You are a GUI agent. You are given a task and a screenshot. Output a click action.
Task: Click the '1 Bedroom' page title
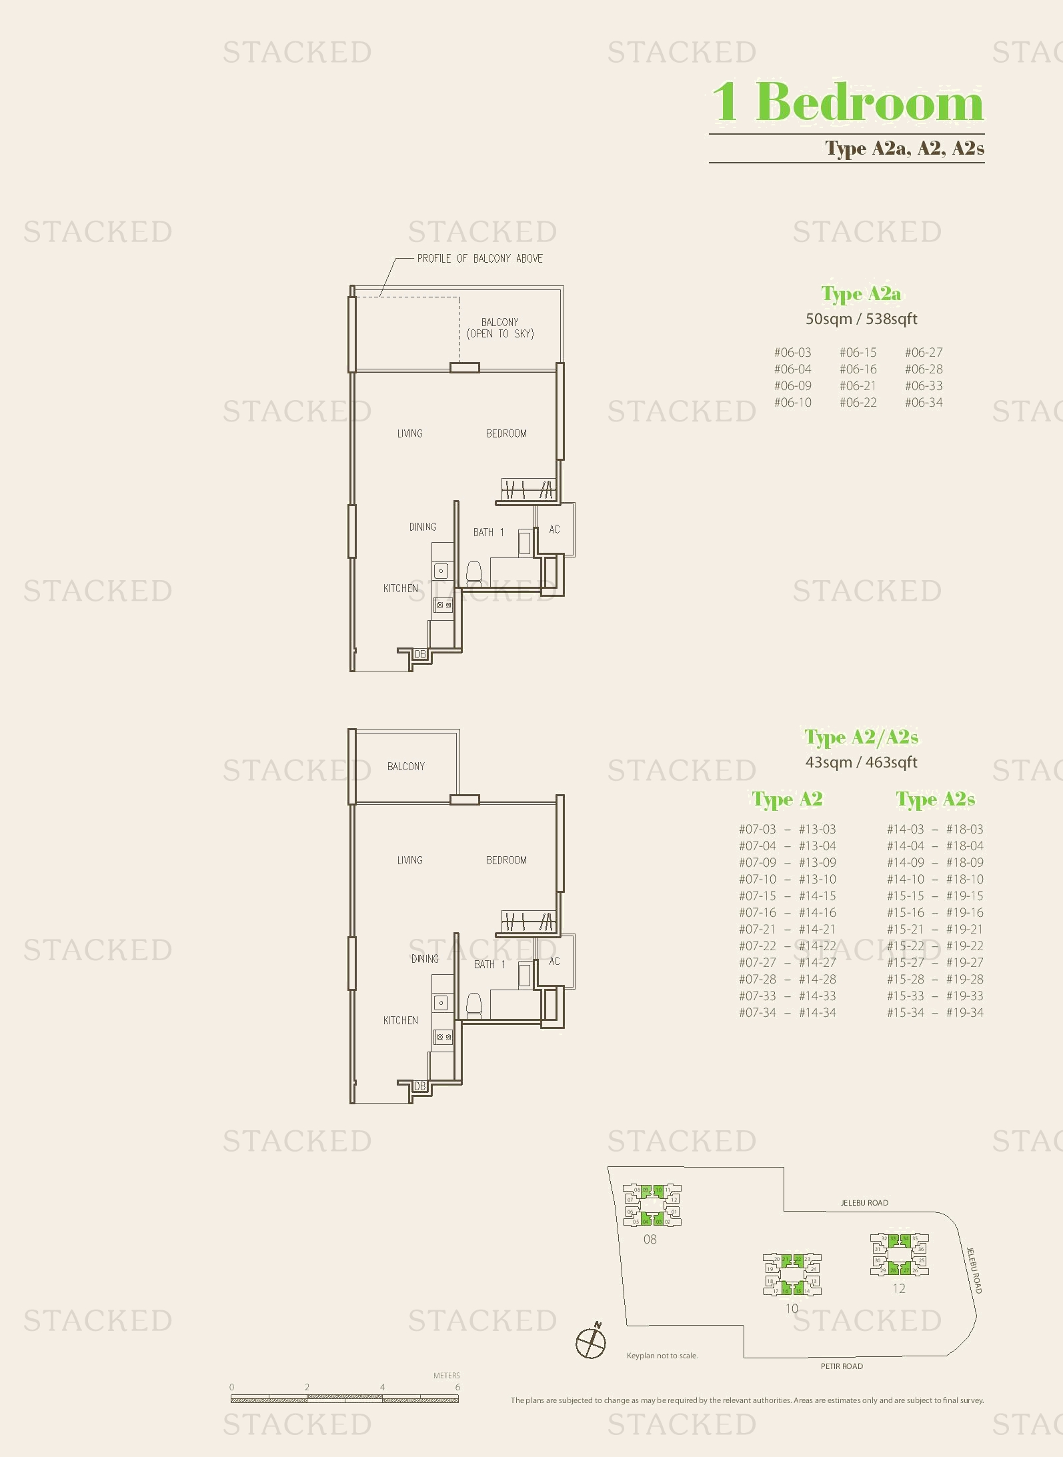click(848, 102)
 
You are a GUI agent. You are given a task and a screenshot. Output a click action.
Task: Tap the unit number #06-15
click(858, 353)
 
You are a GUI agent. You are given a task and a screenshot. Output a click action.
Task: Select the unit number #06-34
click(924, 403)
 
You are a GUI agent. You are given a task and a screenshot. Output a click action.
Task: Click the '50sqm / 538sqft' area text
click(861, 319)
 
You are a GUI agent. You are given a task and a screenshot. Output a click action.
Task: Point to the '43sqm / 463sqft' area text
click(861, 762)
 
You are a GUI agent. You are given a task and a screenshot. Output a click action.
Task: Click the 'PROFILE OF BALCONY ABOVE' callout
click(479, 259)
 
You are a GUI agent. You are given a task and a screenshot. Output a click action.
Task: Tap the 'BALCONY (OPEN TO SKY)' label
click(500, 328)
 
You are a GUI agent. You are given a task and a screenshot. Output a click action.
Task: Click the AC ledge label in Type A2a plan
click(554, 529)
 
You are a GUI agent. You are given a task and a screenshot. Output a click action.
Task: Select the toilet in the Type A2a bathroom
click(473, 573)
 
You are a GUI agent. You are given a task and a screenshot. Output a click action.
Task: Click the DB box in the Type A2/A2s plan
click(419, 1086)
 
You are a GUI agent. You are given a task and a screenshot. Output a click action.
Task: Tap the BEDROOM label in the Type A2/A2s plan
click(506, 860)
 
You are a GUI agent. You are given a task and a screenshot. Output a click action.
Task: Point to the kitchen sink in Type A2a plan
click(441, 571)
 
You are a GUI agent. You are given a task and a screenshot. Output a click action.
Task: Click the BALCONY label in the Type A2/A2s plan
click(405, 767)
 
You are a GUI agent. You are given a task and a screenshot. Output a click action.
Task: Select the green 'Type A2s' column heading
click(935, 799)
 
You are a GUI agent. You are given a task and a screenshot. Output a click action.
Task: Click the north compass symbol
click(591, 1342)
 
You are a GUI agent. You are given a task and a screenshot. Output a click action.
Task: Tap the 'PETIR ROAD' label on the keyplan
click(842, 1366)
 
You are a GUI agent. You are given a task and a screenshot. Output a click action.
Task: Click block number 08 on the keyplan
click(650, 1240)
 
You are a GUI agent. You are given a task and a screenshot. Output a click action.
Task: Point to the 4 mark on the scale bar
click(382, 1387)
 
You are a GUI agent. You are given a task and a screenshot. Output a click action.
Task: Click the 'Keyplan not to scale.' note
click(662, 1356)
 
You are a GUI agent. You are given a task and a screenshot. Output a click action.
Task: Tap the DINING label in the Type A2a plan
click(423, 527)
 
